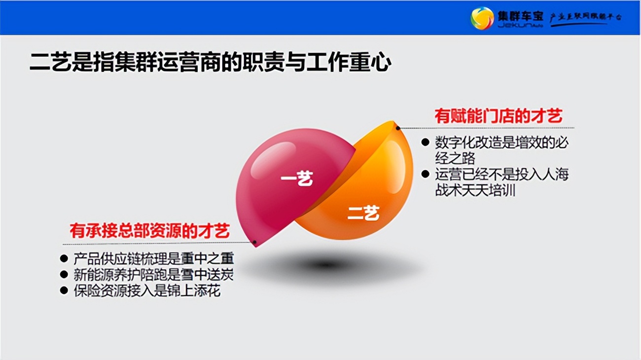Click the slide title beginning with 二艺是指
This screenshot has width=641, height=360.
click(x=211, y=63)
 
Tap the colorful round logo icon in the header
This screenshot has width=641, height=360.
click(x=482, y=18)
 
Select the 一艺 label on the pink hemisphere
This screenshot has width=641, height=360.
click(x=297, y=179)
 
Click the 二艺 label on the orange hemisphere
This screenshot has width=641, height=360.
click(x=363, y=213)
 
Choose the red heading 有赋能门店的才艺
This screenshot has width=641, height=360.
click(x=498, y=117)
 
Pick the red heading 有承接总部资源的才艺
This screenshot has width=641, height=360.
click(x=149, y=231)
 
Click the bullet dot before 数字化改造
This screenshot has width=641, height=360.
click(x=425, y=143)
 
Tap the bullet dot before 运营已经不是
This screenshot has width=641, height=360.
click(x=425, y=174)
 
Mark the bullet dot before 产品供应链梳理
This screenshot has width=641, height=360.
click(x=64, y=258)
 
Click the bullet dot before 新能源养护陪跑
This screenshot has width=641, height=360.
click(x=64, y=274)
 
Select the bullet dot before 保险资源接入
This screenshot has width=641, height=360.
click(x=64, y=290)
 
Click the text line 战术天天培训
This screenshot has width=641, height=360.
click(x=475, y=190)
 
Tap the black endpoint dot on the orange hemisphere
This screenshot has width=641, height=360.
click(x=398, y=128)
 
